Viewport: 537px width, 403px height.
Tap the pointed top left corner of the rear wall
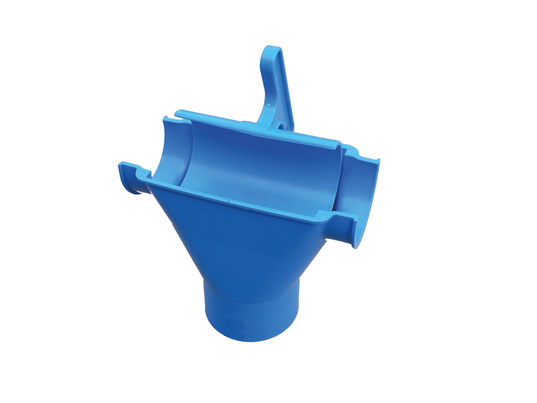coord(164,118)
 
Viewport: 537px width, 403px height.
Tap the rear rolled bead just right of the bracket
coord(316,136)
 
